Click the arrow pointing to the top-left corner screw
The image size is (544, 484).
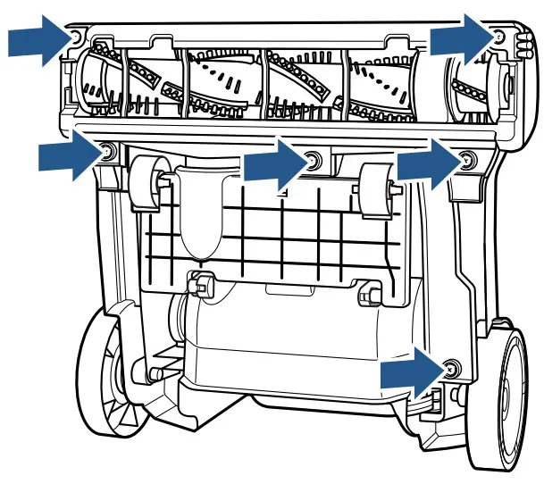click(x=36, y=43)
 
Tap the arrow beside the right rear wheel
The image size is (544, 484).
click(x=411, y=373)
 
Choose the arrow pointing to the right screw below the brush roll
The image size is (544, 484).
click(x=427, y=165)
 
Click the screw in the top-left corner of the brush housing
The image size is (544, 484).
click(x=76, y=37)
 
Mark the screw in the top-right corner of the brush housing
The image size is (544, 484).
click(x=498, y=36)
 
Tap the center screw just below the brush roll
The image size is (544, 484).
click(x=312, y=161)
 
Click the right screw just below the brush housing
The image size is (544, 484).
click(x=464, y=161)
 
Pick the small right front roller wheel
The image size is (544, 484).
click(x=380, y=188)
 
